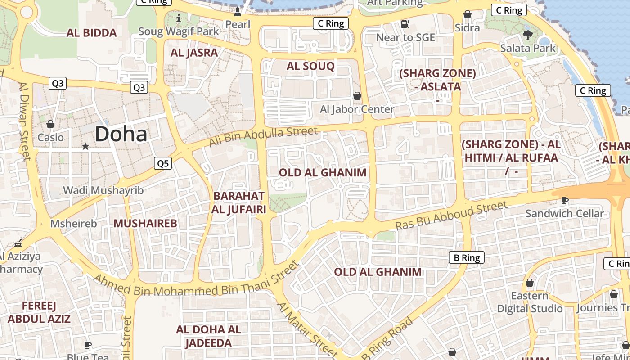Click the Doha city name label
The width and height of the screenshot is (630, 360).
(x=121, y=134)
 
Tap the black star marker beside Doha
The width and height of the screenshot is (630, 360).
(x=85, y=146)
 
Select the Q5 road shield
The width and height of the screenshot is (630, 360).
(x=163, y=163)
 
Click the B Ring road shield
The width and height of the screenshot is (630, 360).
(x=467, y=258)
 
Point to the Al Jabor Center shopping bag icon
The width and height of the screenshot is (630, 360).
(x=357, y=96)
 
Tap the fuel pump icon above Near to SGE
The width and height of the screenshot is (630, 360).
(x=405, y=24)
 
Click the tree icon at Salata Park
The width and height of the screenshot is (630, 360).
(x=528, y=35)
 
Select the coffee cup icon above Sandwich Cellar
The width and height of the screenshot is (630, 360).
(x=565, y=200)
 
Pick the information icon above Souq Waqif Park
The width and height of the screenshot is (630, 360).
(x=179, y=18)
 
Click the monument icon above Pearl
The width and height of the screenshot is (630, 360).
(x=238, y=11)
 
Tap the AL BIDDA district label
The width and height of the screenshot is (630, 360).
(x=92, y=33)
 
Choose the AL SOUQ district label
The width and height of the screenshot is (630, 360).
(x=310, y=67)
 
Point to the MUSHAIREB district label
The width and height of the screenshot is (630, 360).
(x=145, y=224)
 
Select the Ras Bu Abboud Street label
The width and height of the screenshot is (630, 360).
(x=451, y=216)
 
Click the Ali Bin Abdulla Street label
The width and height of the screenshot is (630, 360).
(x=264, y=137)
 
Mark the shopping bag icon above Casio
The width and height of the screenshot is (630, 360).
(x=50, y=124)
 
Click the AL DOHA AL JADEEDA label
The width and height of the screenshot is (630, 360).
(x=209, y=336)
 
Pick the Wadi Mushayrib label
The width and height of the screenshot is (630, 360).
(x=103, y=190)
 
